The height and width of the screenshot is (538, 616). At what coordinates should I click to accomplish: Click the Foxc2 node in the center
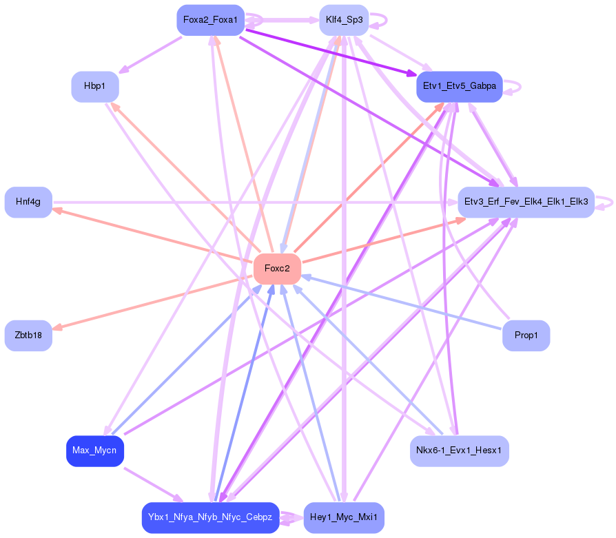click(277, 269)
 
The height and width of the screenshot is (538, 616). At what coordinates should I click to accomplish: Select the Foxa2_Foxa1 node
click(210, 20)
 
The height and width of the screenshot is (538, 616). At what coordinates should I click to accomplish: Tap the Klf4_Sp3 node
click(344, 20)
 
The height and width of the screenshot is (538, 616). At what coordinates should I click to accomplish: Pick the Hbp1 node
click(95, 87)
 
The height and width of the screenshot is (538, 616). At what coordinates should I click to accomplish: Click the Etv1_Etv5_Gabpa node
click(459, 87)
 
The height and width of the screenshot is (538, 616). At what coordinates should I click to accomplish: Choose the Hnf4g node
click(28, 202)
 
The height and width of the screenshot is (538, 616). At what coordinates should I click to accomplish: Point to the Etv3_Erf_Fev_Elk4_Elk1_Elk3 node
click(526, 202)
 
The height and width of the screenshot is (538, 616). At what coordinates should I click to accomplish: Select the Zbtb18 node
click(28, 335)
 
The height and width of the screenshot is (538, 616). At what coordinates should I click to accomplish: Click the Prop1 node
click(526, 335)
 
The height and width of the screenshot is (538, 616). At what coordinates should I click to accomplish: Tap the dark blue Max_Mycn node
click(95, 451)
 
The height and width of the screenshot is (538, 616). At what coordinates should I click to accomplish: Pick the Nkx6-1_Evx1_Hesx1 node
click(459, 451)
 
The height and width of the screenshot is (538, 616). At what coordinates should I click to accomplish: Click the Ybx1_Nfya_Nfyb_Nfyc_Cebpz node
click(210, 517)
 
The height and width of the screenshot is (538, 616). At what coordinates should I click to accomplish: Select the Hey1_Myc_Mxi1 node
click(344, 517)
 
